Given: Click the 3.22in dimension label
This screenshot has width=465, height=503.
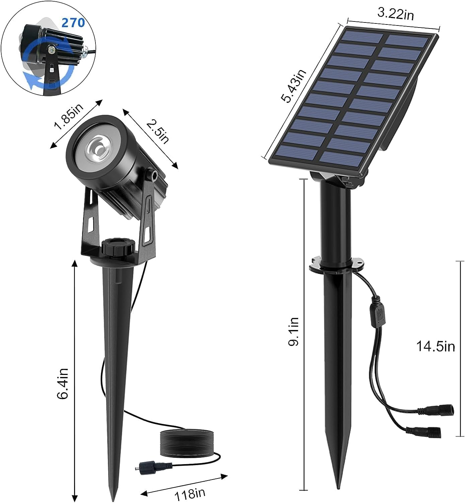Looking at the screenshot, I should point(395,14).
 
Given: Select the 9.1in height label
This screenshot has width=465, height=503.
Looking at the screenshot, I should point(294,332).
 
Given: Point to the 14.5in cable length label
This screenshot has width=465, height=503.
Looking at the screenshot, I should point(435,346).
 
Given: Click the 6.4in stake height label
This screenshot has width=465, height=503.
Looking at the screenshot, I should point(63,383).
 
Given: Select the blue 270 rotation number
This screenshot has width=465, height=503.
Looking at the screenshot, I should point(73,23).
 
